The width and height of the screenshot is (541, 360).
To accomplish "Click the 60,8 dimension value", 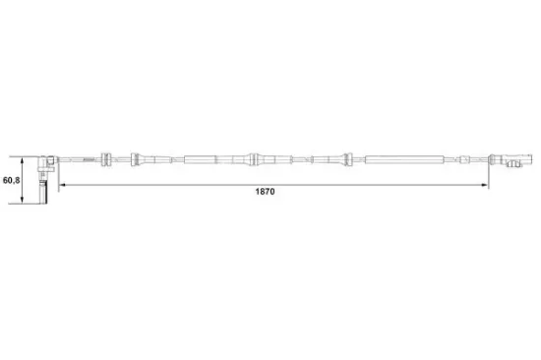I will pos(11,180).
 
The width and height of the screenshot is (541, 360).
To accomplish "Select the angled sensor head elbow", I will pos(48,160).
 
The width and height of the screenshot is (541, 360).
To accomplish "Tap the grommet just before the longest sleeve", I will pos(346,158).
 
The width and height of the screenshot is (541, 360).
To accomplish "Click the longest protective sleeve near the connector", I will pos(401,158).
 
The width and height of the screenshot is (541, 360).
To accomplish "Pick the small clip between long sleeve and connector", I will pos(463,158).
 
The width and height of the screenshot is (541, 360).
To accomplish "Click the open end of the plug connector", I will pos(527,158).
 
